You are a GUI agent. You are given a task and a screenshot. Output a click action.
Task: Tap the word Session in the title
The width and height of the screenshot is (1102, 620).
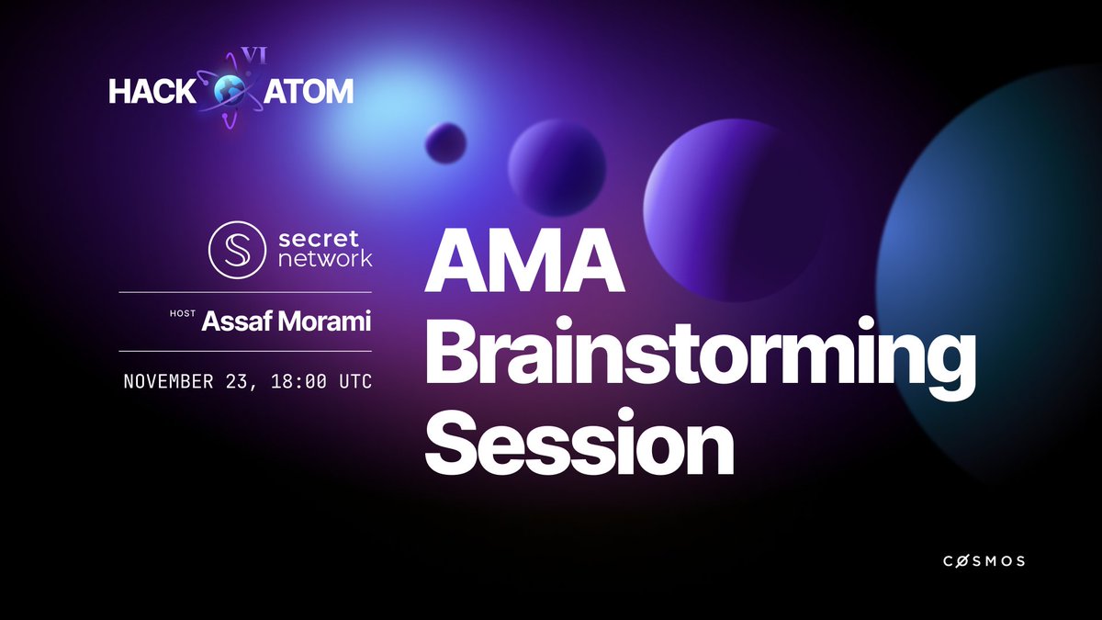coord(579,443)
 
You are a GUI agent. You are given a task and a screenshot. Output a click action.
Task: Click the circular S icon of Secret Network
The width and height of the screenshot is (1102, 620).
coord(236,246)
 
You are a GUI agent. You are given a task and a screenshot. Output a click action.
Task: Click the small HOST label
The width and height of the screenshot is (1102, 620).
coord(183,314)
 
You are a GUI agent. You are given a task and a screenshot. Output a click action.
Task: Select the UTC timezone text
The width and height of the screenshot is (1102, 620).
coord(355,381)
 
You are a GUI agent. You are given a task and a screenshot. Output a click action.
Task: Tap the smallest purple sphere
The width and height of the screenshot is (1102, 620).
coord(445,143)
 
